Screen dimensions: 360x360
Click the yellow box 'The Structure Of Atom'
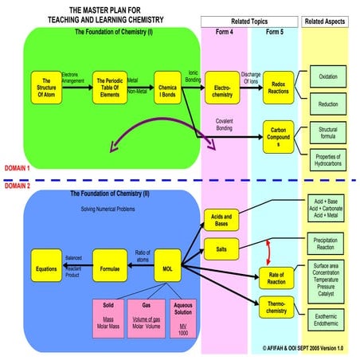47,87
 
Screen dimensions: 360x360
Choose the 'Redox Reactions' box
280,87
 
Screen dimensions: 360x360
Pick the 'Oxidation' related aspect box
328,77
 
